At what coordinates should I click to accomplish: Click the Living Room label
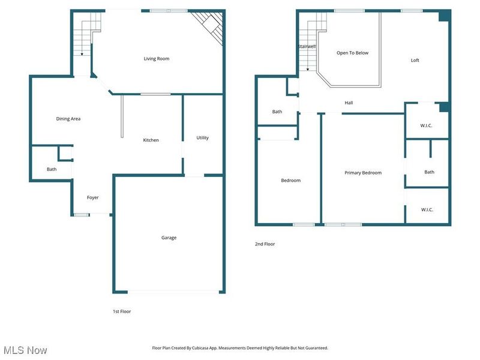[x=156, y=59]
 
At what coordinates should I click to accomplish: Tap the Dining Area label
[x=68, y=119]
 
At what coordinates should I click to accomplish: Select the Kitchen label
[x=151, y=140]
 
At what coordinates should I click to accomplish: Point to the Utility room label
[x=203, y=138]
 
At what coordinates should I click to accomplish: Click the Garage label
[x=169, y=238]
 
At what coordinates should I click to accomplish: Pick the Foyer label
[x=92, y=197]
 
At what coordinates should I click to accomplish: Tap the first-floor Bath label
[x=52, y=169]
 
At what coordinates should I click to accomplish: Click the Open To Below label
[x=352, y=53]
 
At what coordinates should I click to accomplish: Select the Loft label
[x=415, y=60]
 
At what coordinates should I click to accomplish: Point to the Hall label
[x=349, y=103]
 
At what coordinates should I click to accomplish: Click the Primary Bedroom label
[x=362, y=173]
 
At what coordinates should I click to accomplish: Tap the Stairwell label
[x=307, y=47]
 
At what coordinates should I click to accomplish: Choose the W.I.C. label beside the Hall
[x=426, y=125]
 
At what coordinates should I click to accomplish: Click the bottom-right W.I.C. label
[x=427, y=209]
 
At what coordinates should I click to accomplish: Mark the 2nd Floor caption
[x=265, y=244]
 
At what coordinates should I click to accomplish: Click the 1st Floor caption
[x=122, y=311]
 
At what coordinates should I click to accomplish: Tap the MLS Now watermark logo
[x=25, y=350]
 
